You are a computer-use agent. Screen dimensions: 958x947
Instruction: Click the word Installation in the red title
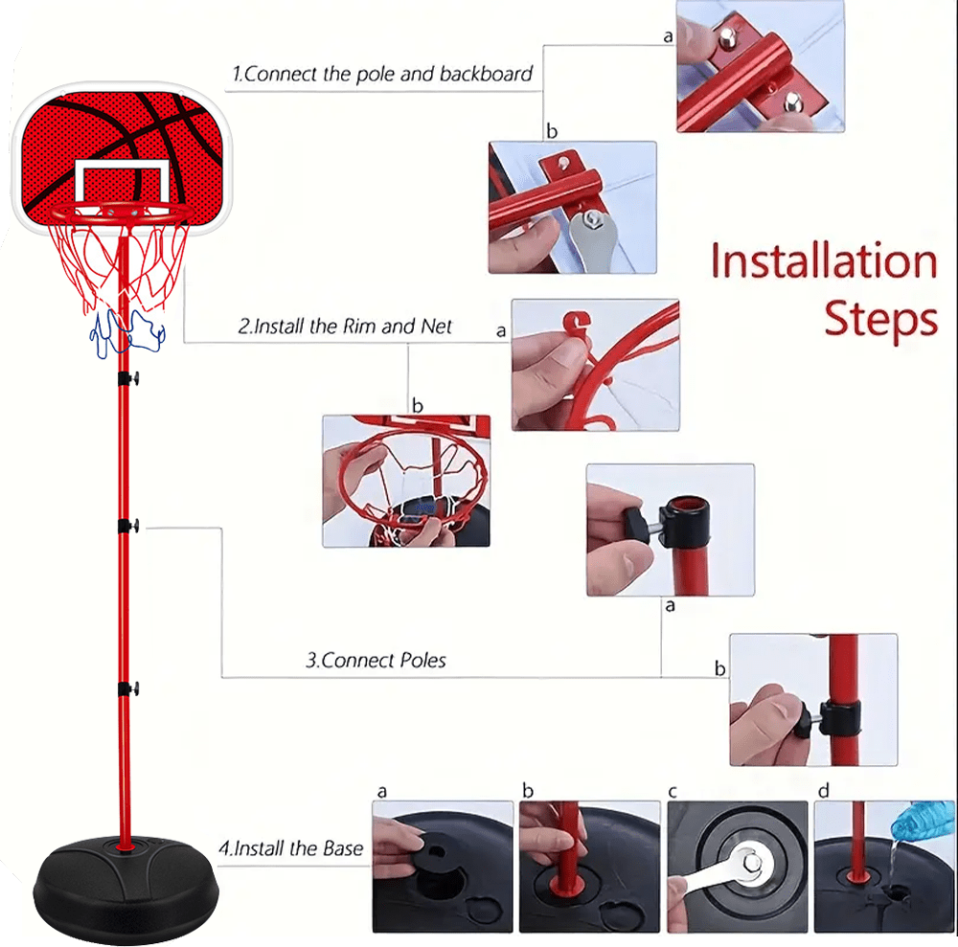pos(824,260)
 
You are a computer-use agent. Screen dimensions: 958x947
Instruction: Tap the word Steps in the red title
pos(881,319)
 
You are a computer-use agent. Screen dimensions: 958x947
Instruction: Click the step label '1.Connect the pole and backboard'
pos(382,74)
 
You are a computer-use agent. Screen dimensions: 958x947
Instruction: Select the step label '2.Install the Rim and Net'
pos(345,327)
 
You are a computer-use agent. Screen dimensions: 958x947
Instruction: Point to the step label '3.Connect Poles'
pos(376,660)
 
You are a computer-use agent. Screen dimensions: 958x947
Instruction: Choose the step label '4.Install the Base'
pos(291,848)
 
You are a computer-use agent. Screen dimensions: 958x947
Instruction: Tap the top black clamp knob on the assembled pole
pos(129,378)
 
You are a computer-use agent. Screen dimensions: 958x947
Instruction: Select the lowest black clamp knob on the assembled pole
pos(129,688)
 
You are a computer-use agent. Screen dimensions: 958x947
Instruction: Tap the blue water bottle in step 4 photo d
pos(923,822)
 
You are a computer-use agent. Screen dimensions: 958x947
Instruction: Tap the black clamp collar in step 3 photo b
pos(840,718)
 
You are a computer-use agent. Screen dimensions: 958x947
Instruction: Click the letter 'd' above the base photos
pos(824,791)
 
